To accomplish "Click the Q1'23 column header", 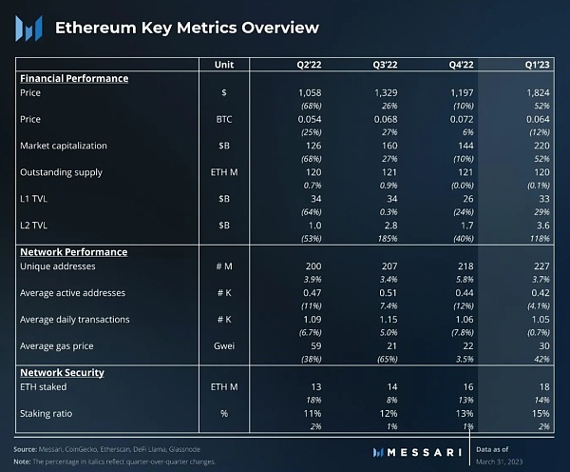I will (x=535, y=64).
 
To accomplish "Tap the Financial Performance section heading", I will (x=73, y=78).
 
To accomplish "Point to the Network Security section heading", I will (x=62, y=372).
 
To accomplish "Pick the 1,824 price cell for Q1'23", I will (x=537, y=93).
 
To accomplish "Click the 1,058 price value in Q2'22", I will (x=310, y=93).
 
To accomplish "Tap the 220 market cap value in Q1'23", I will (x=541, y=146).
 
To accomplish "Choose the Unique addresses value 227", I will (x=541, y=265).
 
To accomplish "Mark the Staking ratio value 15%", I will (x=541, y=413).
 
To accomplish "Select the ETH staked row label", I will (x=44, y=386).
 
